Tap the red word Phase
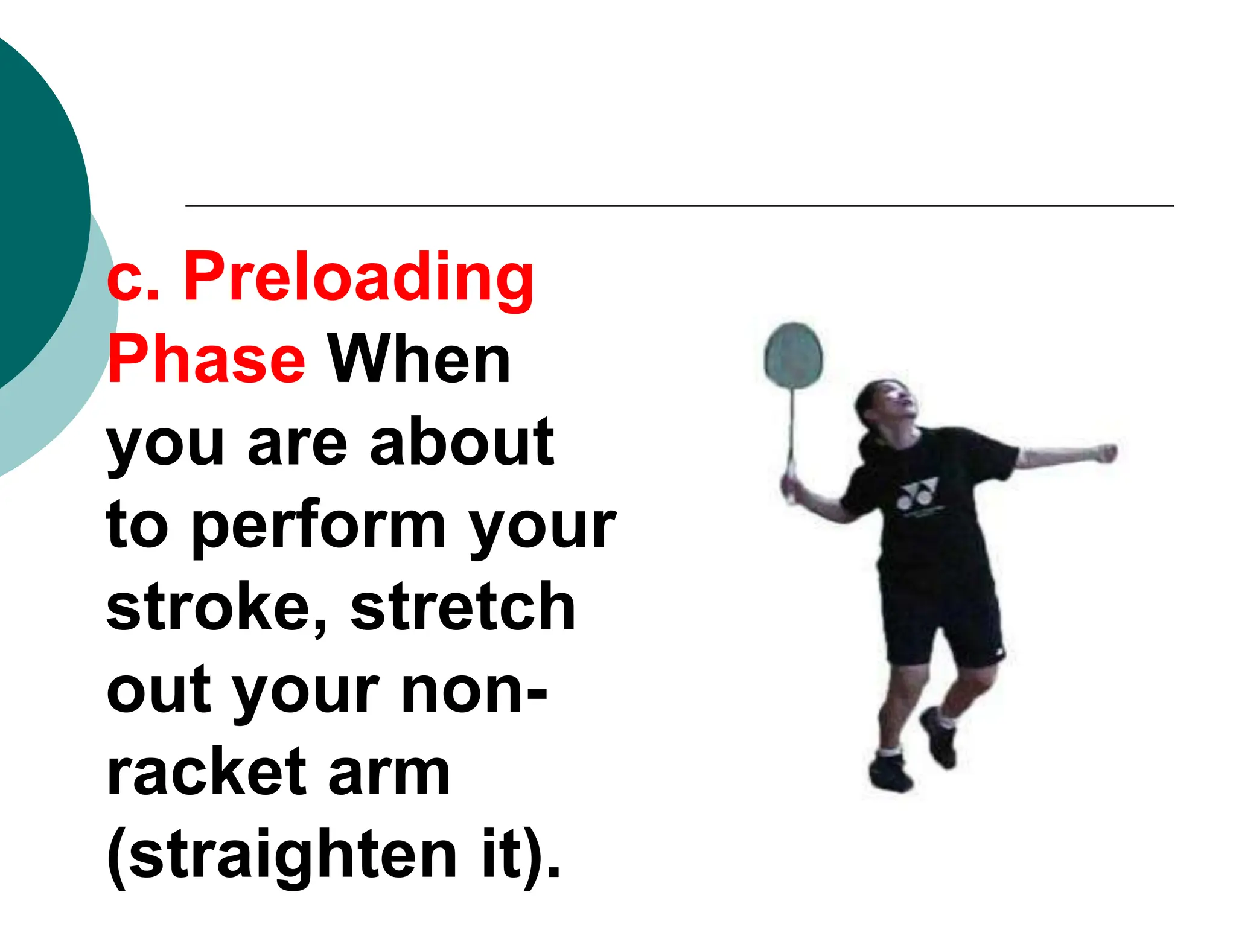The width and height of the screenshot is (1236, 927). click(206, 360)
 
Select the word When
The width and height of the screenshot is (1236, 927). click(419, 360)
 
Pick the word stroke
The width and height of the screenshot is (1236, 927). click(216, 607)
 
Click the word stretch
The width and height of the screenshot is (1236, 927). click(463, 607)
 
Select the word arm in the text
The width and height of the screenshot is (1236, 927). click(389, 772)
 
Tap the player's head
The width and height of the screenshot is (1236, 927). click(885, 406)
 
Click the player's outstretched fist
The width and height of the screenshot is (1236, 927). click(1106, 453)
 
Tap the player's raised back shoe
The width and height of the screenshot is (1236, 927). click(939, 737)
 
